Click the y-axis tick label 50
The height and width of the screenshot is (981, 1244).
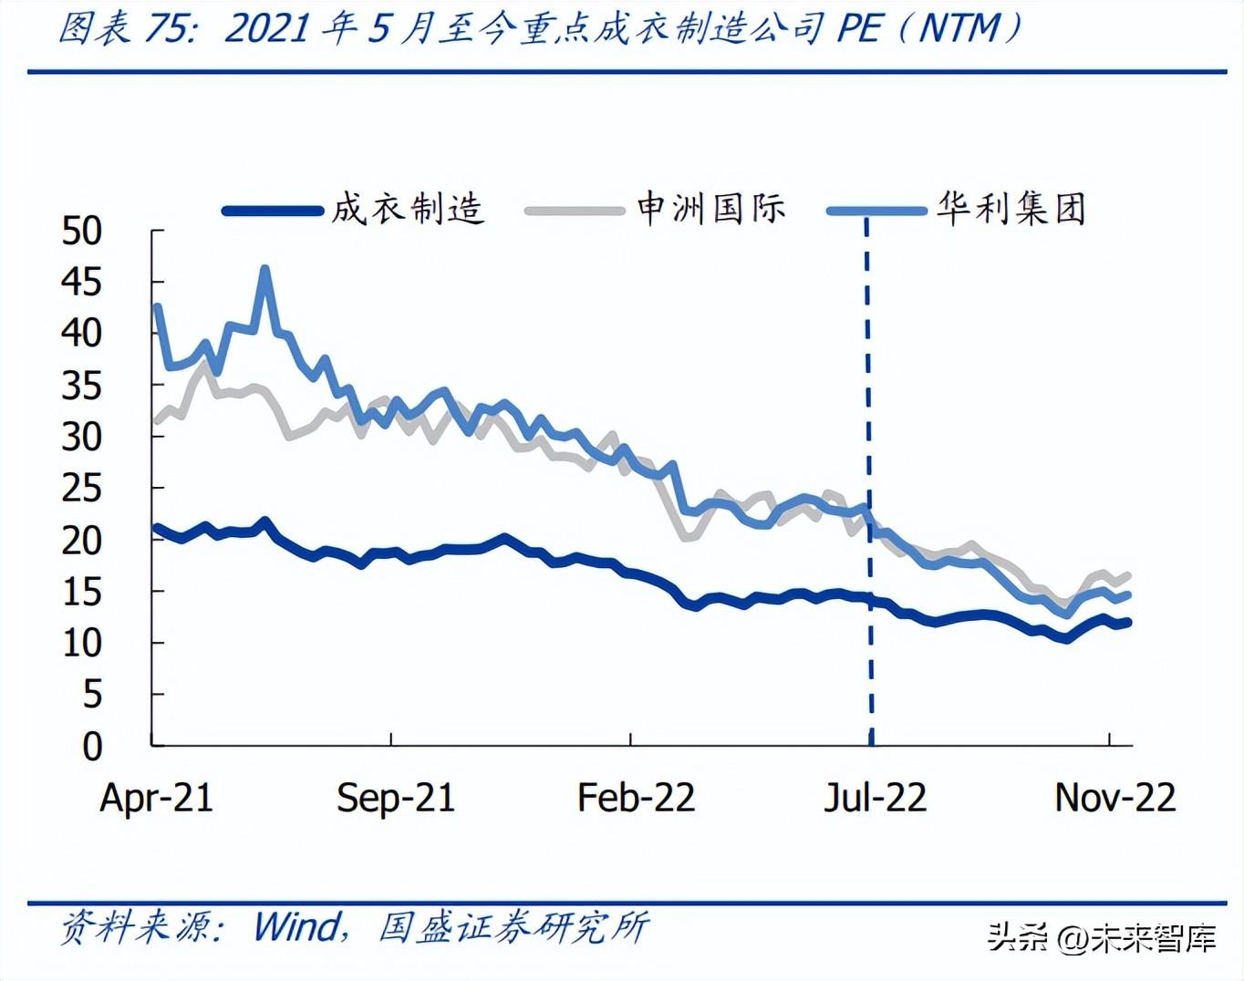click(81, 231)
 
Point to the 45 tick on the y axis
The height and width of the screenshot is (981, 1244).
click(81, 282)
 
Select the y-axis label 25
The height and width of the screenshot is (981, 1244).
click(81, 489)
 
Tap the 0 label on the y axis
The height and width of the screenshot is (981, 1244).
click(92, 747)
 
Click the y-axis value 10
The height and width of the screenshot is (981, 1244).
click(81, 644)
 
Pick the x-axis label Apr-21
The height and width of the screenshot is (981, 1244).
click(156, 798)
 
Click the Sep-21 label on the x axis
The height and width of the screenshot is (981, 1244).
click(395, 798)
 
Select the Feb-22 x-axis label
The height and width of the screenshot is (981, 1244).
click(636, 798)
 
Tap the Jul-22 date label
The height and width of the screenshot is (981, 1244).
click(875, 798)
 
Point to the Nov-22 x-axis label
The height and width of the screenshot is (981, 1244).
click(1114, 798)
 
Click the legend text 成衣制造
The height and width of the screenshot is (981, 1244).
click(407, 209)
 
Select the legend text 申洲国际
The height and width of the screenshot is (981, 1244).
click(710, 209)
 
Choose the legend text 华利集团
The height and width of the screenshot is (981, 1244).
click(1011, 209)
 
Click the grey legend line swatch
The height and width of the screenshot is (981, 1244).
click(574, 211)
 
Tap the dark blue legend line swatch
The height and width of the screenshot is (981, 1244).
click(273, 211)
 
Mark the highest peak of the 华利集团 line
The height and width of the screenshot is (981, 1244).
click(265, 269)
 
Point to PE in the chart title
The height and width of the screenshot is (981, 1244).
click(859, 29)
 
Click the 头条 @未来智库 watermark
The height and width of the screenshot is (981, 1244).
click(1102, 937)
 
